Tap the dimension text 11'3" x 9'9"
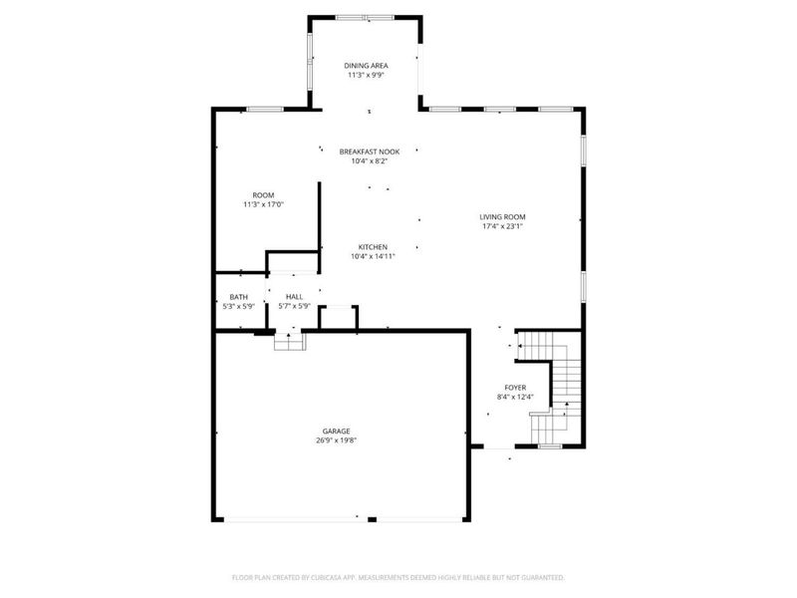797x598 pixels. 367,75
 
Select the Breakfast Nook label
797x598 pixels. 369,151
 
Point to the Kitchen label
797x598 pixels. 374,247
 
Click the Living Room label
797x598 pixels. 501,217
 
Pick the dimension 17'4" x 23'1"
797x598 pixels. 501,226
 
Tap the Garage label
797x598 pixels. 336,431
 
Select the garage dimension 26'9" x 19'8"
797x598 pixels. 336,440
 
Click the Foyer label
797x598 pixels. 515,388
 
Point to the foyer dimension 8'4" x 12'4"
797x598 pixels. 515,397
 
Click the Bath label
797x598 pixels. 238,297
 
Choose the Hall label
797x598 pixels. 294,297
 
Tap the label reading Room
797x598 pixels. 263,195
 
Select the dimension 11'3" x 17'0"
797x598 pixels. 263,204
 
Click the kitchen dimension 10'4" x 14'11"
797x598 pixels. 374,256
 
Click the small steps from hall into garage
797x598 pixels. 290,340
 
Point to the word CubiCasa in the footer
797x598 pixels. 342,577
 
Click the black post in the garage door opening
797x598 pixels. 371,518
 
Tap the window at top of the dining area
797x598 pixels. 365,17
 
